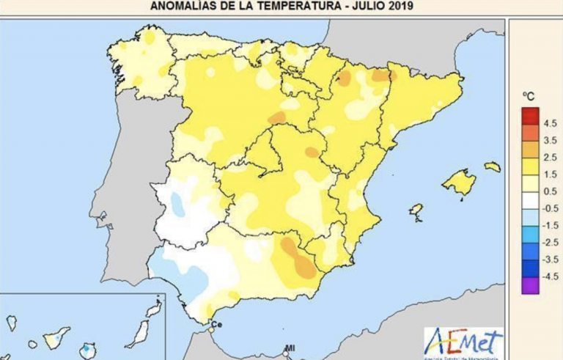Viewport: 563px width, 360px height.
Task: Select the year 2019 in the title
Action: tap(400, 7)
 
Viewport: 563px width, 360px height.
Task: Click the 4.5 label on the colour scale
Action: tap(549, 122)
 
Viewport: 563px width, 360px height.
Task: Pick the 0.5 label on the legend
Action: tap(549, 191)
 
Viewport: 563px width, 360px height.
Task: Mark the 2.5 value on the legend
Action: tap(549, 157)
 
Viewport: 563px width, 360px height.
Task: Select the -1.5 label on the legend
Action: tap(550, 225)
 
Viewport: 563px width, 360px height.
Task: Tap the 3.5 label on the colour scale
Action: tap(549, 139)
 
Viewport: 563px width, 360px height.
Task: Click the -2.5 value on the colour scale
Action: tap(550, 242)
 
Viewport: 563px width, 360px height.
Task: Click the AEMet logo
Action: tap(463, 342)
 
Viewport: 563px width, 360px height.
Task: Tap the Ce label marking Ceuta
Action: tap(216, 324)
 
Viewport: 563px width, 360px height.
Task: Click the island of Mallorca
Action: tap(460, 182)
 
